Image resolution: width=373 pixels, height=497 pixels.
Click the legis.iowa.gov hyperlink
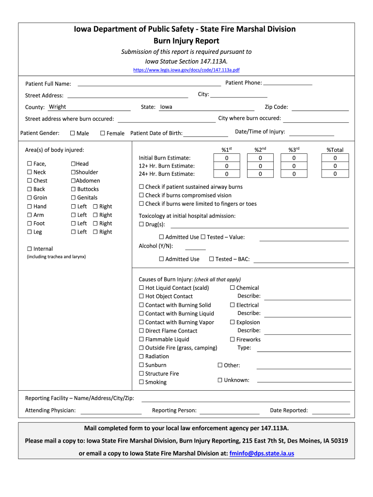(186, 70)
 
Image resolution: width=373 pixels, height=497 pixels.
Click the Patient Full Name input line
(149, 83)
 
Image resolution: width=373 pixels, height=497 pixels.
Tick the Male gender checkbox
(73, 133)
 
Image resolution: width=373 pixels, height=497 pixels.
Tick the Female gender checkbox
(103, 133)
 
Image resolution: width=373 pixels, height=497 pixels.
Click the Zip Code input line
(320, 108)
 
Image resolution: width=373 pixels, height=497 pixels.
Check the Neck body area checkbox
(30, 172)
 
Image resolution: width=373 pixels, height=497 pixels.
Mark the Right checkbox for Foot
(95, 224)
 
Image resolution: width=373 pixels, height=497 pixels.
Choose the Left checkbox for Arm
(74, 215)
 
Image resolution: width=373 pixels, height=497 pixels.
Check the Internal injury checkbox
(30, 249)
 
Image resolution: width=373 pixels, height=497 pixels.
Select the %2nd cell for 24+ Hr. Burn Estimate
(260, 174)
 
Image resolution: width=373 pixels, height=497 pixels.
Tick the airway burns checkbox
(141, 187)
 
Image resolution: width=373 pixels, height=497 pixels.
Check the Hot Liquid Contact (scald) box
(141, 288)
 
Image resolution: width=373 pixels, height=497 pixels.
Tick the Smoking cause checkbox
(141, 382)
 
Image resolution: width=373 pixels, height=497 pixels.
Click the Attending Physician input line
(110, 411)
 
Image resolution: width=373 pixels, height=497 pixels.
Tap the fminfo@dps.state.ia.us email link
(262, 454)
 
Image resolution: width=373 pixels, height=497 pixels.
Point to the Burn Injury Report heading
(186, 41)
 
